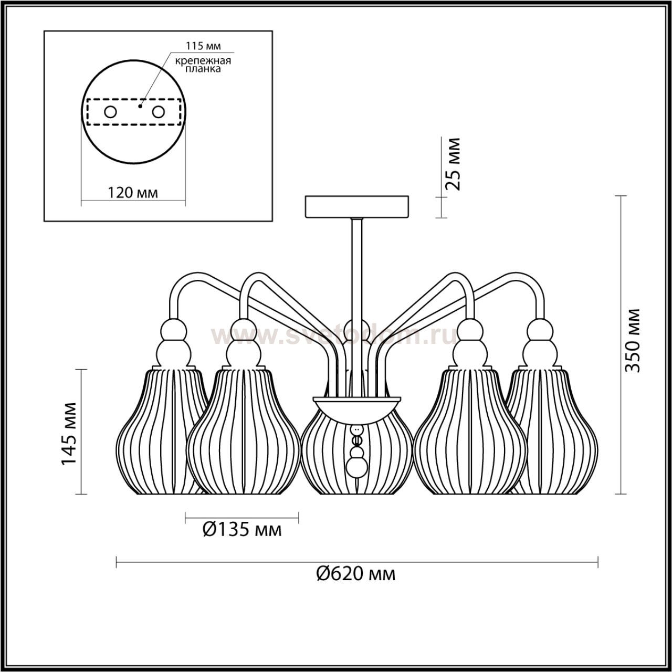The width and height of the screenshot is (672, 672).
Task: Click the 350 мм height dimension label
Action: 632,340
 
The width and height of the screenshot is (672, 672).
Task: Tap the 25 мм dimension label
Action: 453,164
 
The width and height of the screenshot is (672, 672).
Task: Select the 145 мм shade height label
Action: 69,434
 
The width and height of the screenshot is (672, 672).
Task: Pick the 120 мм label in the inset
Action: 132,193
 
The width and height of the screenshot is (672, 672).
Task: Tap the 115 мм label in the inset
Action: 203,46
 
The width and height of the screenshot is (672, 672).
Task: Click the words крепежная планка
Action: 203,65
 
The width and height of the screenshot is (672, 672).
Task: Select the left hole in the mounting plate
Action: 111,112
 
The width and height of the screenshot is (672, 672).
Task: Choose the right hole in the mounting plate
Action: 158,112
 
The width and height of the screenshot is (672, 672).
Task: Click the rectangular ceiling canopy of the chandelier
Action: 357,207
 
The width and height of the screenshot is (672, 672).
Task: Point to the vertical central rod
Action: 357,308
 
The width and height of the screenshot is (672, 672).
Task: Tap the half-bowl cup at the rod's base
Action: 357,408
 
